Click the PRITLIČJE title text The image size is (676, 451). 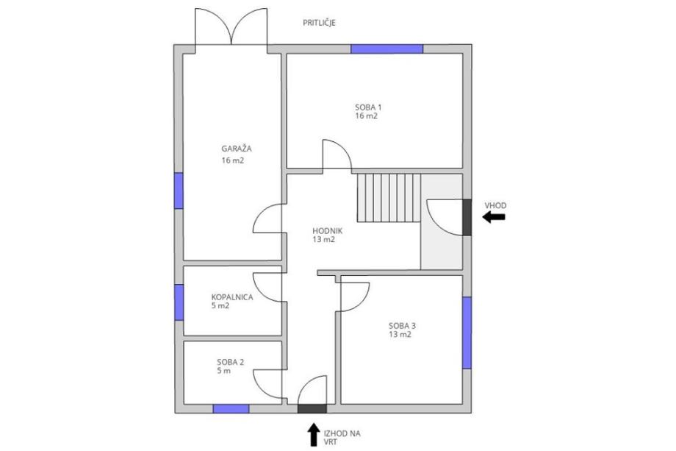319,23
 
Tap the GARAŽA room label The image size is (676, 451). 237,149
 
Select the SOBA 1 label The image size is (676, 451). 368,107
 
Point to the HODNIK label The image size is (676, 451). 327,231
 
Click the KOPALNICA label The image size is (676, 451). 232,297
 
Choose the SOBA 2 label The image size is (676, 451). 231,362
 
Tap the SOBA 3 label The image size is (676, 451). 402,326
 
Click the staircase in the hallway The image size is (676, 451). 389,198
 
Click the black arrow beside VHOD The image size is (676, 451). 494,216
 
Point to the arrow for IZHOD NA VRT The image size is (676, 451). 313,435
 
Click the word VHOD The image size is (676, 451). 495,205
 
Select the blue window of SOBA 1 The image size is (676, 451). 386,49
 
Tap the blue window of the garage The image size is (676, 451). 179,191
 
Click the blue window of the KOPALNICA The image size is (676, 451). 179,302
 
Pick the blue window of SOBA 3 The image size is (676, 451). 467,333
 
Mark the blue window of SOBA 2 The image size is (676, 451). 231,409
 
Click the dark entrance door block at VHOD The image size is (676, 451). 467,217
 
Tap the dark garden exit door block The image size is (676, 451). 312,409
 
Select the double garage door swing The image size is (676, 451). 231,26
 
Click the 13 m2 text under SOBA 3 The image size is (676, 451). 400,335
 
